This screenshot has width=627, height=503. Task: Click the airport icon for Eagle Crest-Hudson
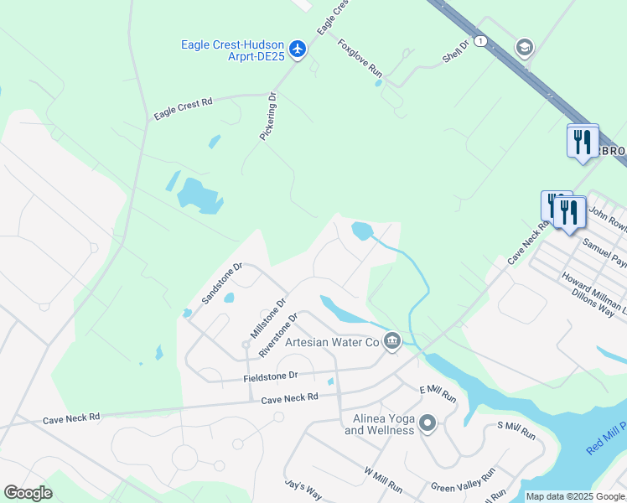[297, 49]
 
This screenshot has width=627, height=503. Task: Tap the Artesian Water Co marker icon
[391, 340]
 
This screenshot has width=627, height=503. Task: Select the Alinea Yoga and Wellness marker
[427, 423]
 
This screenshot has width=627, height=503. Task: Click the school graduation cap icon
[526, 45]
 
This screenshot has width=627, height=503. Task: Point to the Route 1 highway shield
[480, 40]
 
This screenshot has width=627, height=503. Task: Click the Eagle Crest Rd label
[184, 107]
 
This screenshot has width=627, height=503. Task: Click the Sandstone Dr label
[221, 283]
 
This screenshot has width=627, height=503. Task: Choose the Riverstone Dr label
[278, 335]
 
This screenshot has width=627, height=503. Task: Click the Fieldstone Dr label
[271, 377]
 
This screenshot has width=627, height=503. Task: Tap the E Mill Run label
[438, 391]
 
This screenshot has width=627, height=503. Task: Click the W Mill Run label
[383, 480]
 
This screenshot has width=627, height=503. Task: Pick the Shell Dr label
[459, 54]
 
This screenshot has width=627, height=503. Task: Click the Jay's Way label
[303, 490]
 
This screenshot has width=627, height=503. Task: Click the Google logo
[28, 493]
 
